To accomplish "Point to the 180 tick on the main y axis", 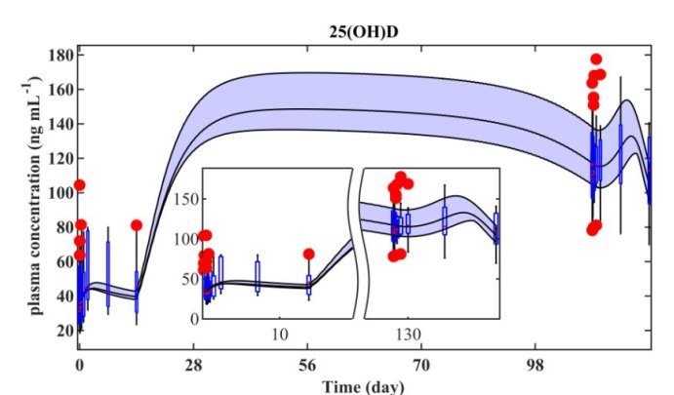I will point(59,55).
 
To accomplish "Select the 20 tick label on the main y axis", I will point(63,330).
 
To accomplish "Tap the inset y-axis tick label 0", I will point(194,318).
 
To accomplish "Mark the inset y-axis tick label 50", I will point(188,279).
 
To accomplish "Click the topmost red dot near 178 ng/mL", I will point(596,59).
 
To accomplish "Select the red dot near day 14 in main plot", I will point(137,225).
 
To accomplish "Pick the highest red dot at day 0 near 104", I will point(80,185).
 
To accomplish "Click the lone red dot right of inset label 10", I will point(309,254).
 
